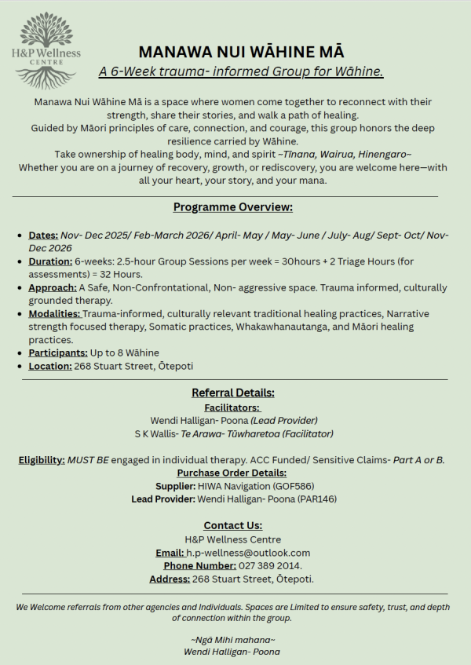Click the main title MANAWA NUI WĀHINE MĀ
tap(241, 52)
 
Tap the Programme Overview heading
tap(232, 207)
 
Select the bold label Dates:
tap(43, 235)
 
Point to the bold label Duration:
tap(50, 261)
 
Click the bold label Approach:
tap(53, 287)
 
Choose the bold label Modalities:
tap(54, 314)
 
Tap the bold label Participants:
tap(57, 353)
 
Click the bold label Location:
tap(50, 366)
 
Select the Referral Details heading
tap(233, 393)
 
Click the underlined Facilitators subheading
tap(232, 407)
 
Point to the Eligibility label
tap(42, 460)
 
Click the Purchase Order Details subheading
tap(232, 473)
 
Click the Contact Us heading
tap(233, 525)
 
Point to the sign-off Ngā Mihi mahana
tap(233, 639)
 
